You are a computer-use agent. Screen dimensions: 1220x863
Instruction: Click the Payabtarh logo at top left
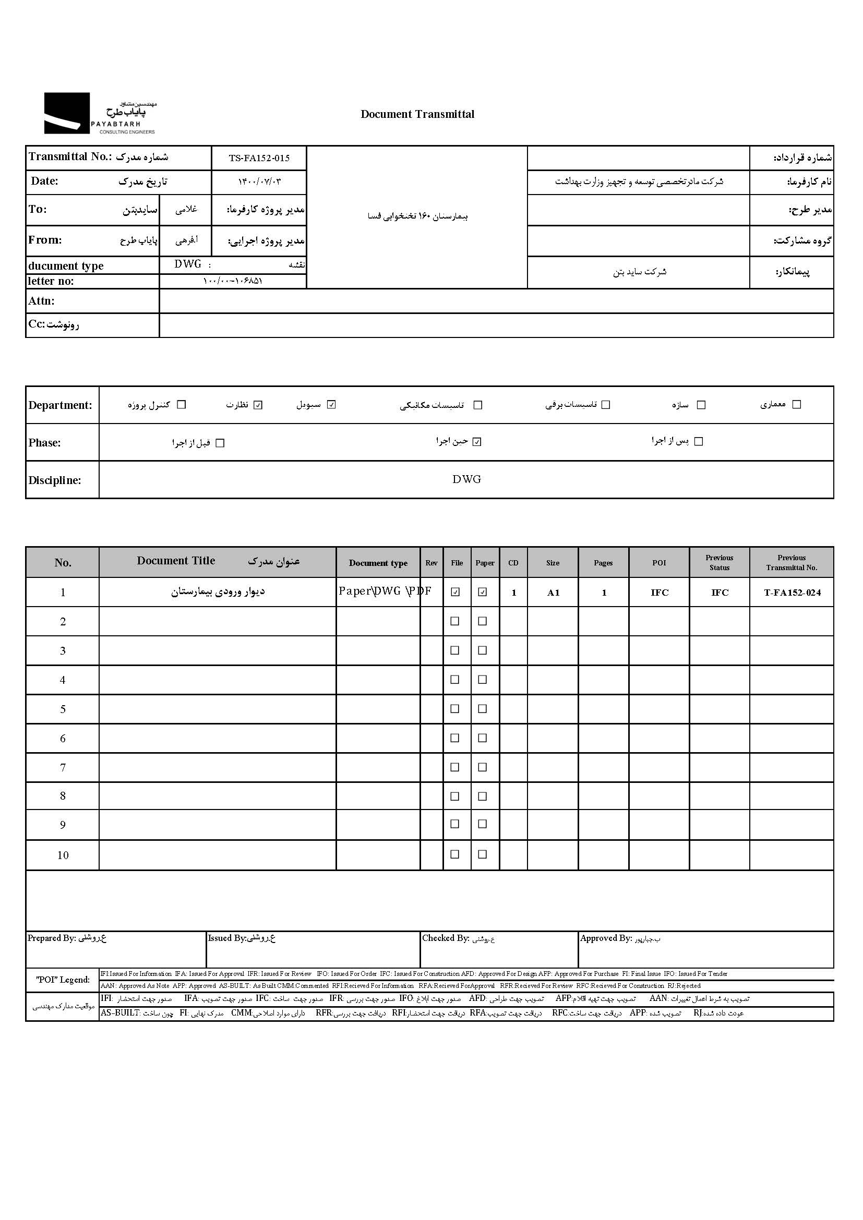99,113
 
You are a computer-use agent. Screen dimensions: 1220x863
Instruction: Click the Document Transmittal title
417,114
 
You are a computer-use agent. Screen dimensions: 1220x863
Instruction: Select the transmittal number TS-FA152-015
259,158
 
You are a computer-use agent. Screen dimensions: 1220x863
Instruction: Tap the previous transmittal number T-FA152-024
792,593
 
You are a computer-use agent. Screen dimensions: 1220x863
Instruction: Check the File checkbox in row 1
456,592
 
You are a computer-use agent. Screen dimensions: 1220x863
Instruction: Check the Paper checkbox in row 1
483,592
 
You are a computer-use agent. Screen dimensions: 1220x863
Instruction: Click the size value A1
553,593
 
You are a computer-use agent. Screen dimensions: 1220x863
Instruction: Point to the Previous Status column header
719,563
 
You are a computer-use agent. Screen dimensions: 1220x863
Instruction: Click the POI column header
659,563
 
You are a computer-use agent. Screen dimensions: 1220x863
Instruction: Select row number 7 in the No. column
63,767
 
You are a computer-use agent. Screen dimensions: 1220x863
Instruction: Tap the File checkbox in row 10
455,854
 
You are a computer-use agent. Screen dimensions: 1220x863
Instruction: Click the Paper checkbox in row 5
483,708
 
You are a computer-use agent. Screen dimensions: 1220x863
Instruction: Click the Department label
60,405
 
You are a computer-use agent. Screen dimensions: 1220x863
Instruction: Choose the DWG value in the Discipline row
466,479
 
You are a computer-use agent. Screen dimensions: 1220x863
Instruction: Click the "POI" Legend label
63,980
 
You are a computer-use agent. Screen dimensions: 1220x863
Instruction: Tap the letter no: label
51,281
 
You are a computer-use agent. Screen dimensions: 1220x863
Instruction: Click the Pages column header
603,563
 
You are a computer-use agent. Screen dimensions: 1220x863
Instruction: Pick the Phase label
45,443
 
